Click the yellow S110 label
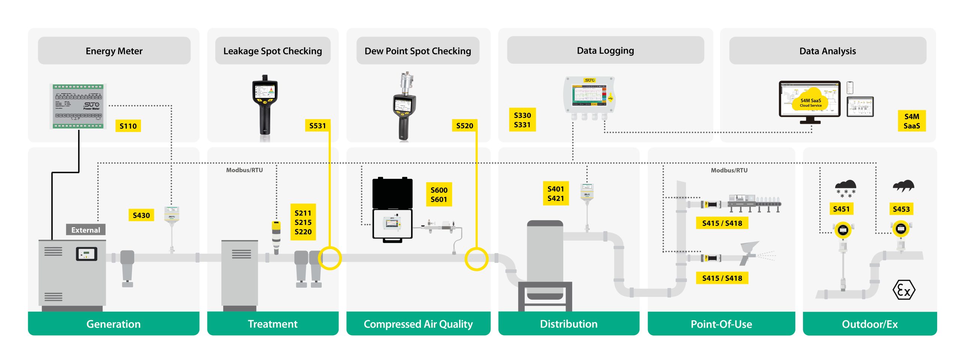[x=128, y=126]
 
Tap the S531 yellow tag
[x=317, y=126]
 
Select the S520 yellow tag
[x=464, y=126]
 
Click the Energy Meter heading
[x=114, y=51]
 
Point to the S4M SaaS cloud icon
[x=810, y=100]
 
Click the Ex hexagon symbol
[x=903, y=290]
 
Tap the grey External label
[x=85, y=230]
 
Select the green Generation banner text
[x=113, y=324]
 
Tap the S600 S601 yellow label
[x=439, y=195]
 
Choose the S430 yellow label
[x=141, y=215]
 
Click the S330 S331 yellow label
[x=522, y=120]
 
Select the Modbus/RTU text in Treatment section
[x=244, y=170]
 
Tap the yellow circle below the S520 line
[x=476, y=259]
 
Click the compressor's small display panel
[x=87, y=254]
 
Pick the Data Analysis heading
[x=827, y=51]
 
